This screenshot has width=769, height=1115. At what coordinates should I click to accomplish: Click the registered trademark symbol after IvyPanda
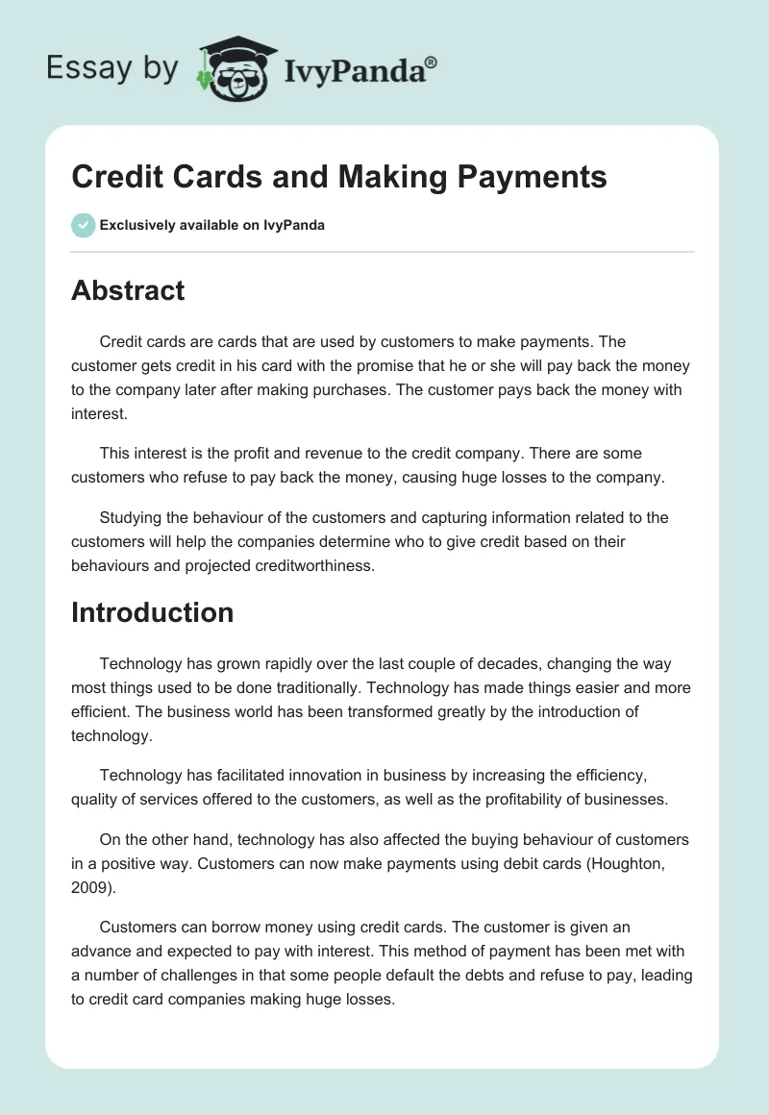pos(432,62)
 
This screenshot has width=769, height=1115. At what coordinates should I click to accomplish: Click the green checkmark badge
pos(83,225)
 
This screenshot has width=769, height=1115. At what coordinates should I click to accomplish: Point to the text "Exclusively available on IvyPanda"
pos(211,226)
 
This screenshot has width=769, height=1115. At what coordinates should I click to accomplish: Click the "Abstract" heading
pos(128,290)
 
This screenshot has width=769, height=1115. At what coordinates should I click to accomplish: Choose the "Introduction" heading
pos(152,612)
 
